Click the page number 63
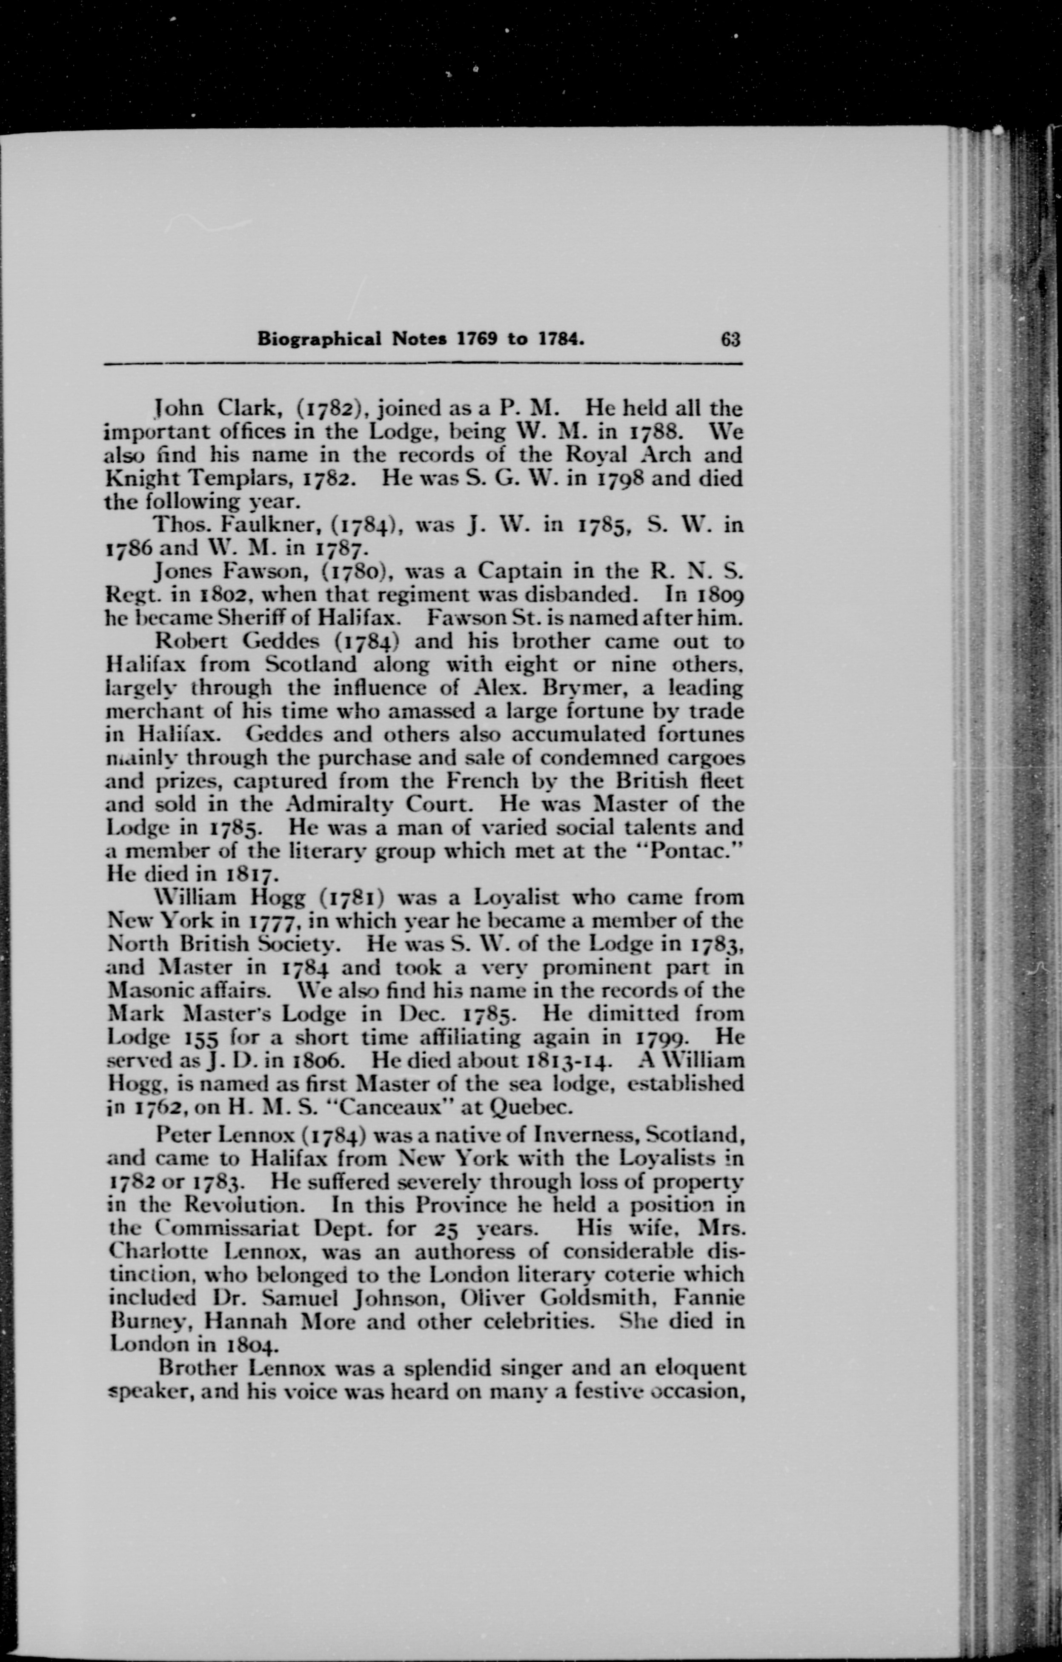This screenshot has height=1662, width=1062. click(x=730, y=340)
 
